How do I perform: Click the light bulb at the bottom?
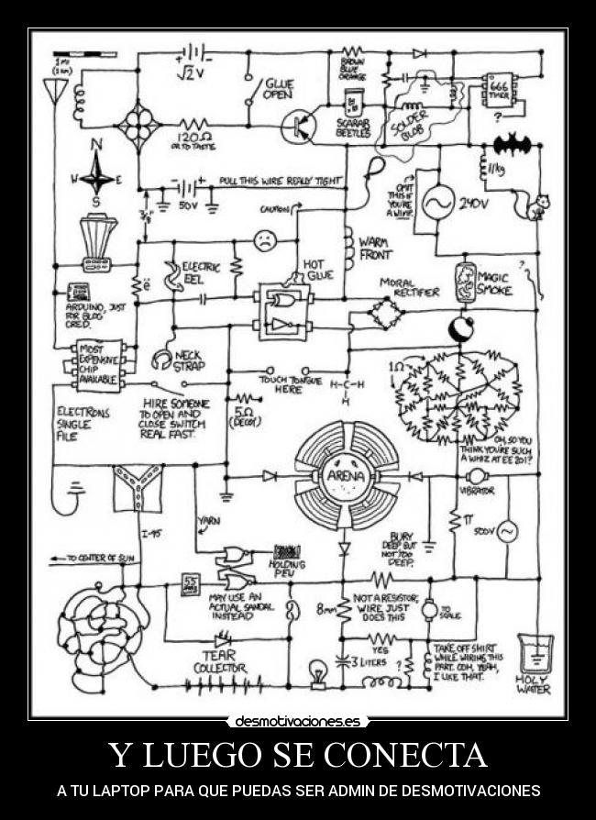[318, 670]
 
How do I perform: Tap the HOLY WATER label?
[534, 685]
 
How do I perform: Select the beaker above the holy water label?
[533, 650]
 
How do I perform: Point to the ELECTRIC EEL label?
[202, 271]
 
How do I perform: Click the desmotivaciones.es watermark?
[298, 721]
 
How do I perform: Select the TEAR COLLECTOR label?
[219, 661]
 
